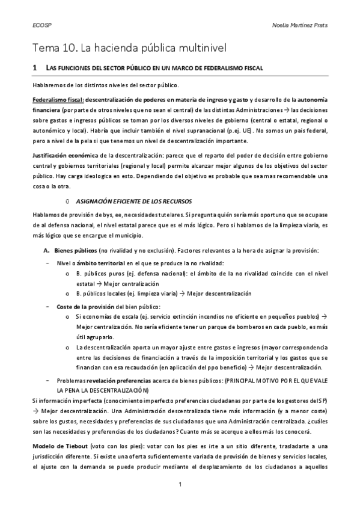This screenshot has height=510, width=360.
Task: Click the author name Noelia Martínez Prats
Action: tap(302, 25)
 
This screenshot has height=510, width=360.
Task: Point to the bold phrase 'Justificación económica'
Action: tap(66, 155)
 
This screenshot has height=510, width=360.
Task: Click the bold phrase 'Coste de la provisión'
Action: tap(85, 307)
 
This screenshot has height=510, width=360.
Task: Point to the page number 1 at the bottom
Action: tap(180, 484)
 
